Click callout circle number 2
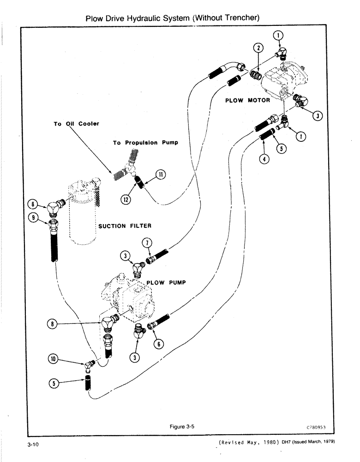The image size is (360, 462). pyautogui.click(x=259, y=48)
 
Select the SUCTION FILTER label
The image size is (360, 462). pyautogui.click(x=125, y=226)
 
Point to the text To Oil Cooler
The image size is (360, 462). pyautogui.click(x=76, y=124)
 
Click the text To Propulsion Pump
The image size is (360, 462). pyautogui.click(x=145, y=143)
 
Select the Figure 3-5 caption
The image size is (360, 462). pyautogui.click(x=181, y=427)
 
